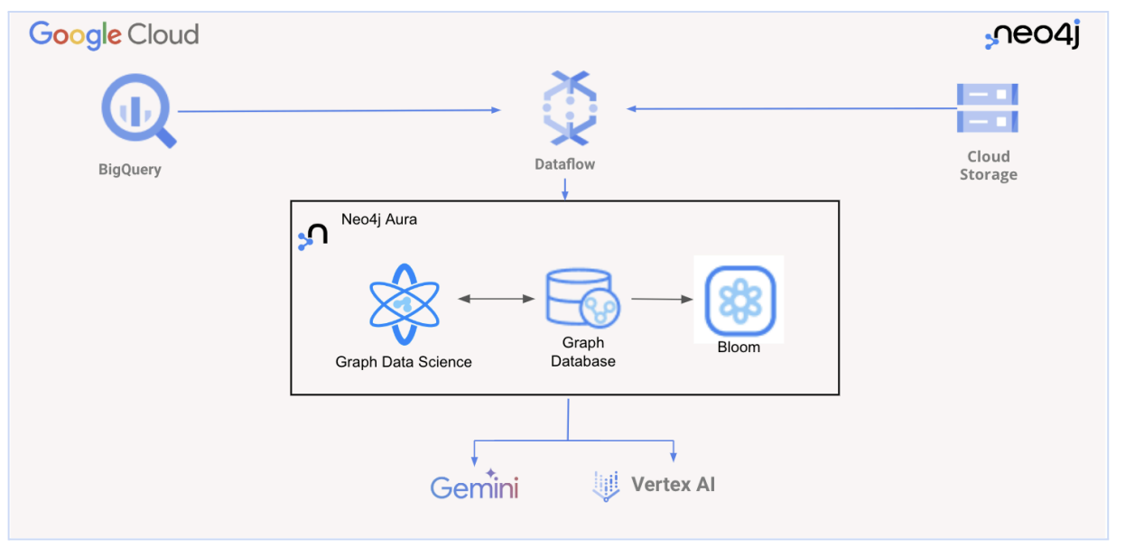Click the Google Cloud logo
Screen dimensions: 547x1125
114,35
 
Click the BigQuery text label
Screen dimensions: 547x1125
130,170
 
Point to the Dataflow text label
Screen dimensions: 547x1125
564,164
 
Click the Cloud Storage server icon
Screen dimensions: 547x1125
988,107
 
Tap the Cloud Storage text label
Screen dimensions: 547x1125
988,165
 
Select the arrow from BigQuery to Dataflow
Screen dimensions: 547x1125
339,110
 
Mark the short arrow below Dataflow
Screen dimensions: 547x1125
564,188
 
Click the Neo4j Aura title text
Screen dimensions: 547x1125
379,219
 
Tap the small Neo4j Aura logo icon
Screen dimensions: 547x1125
312,237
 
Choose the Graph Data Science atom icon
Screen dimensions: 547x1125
404,305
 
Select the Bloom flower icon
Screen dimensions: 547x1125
739,299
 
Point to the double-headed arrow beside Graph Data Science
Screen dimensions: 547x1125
497,298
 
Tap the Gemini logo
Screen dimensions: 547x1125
475,486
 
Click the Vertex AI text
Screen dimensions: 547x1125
673,485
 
